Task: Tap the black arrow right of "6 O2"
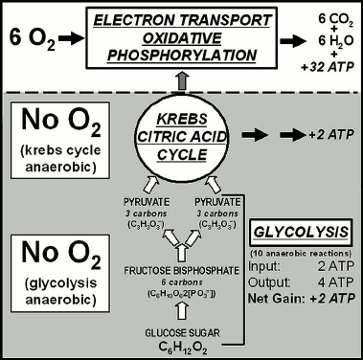coord(78,41)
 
